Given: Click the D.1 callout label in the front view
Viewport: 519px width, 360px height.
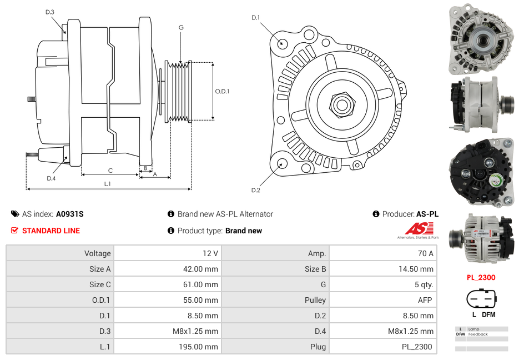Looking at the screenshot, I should (x=255, y=18).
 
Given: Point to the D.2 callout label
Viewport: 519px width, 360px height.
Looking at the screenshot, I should (x=255, y=190).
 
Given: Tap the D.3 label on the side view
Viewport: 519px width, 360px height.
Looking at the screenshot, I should (x=50, y=12).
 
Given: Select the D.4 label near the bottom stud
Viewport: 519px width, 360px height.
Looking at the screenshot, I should (x=51, y=178).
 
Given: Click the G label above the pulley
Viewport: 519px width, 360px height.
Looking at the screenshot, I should (x=181, y=27).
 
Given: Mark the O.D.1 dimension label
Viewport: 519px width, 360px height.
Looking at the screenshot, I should (x=222, y=91).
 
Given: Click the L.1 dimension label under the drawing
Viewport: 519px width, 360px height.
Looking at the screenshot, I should (x=107, y=184).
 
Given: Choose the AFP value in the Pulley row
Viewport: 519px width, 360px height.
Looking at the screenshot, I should (x=425, y=300).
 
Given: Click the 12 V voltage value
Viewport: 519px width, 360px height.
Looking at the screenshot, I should (x=210, y=253).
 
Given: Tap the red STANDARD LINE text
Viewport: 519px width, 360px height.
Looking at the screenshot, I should (x=51, y=231).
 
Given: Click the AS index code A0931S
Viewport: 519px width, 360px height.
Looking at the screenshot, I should (x=69, y=214).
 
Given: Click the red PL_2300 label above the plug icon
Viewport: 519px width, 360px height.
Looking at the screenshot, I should (x=481, y=277).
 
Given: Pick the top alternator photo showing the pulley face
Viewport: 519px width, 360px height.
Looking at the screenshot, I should (x=481, y=40).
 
